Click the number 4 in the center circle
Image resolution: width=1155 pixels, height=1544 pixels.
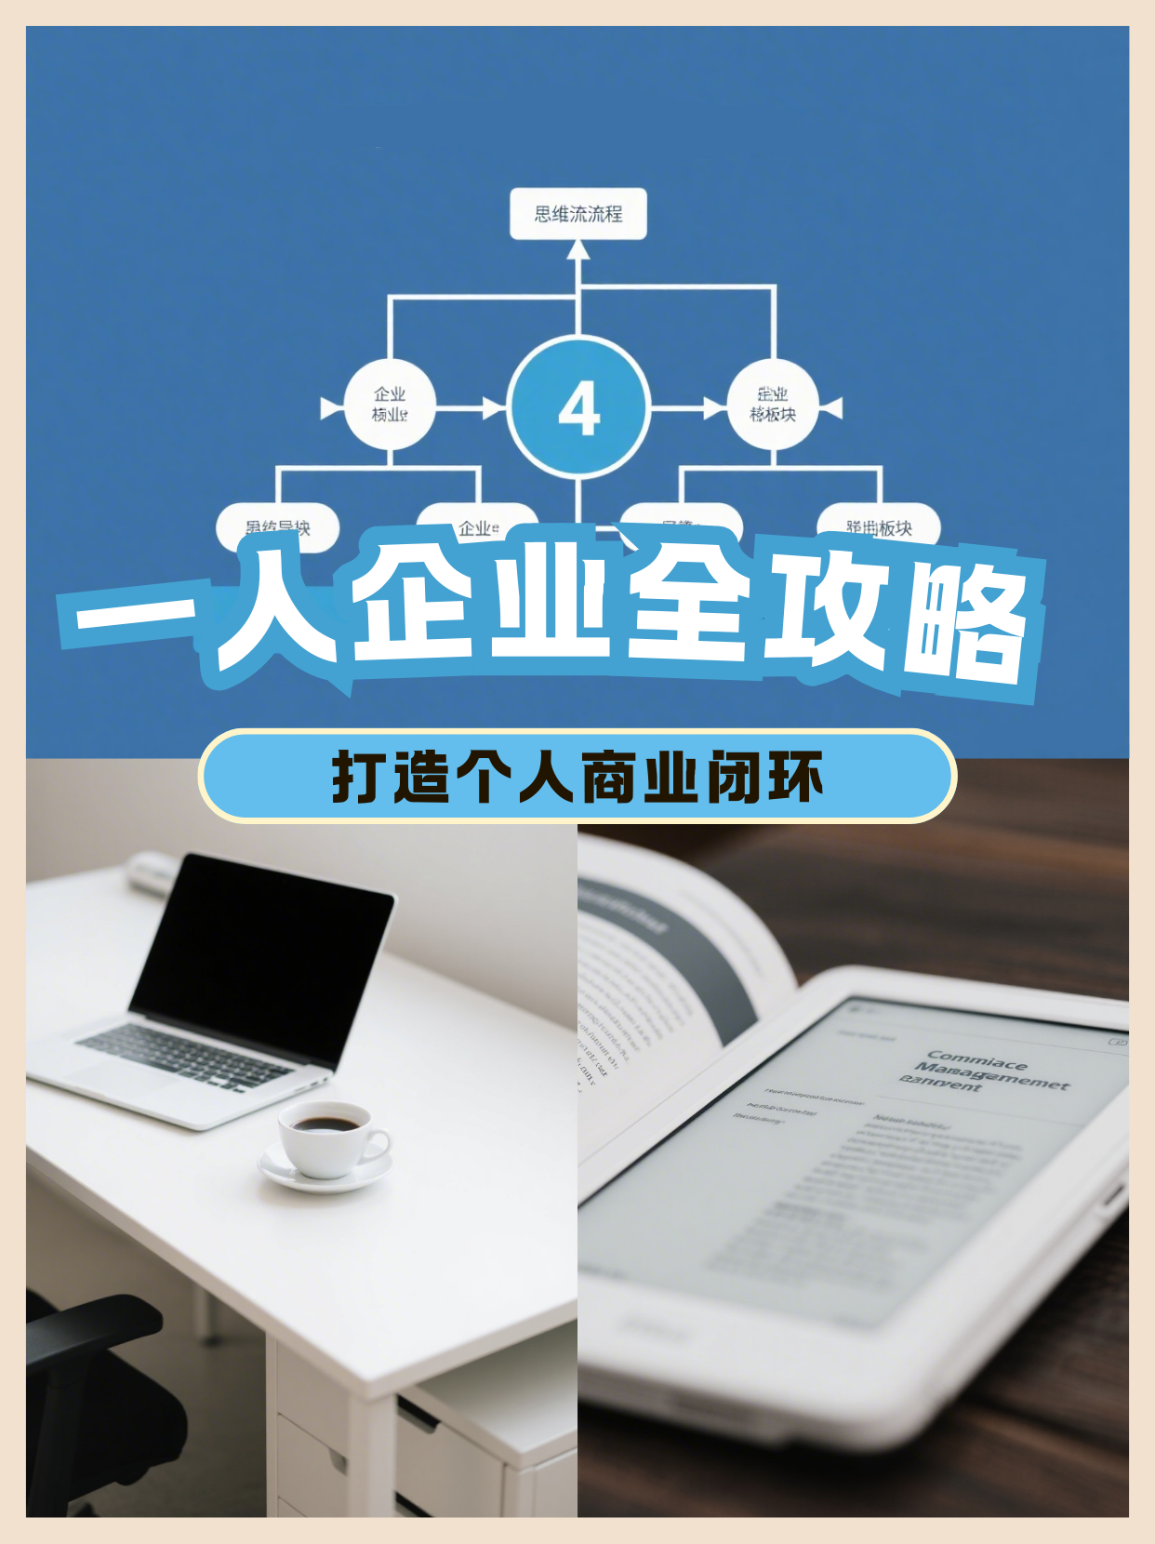click(x=578, y=408)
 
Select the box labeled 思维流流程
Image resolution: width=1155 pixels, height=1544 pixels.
click(x=577, y=214)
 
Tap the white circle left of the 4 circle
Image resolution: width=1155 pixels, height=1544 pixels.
click(x=390, y=405)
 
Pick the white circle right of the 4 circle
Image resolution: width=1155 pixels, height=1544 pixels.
click(x=772, y=405)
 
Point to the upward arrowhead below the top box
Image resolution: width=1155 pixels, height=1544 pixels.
click(x=578, y=249)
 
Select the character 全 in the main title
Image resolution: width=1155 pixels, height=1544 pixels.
click(x=688, y=605)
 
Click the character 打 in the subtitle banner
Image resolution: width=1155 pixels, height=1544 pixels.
click(x=358, y=776)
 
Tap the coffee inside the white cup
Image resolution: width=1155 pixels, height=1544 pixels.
click(x=325, y=1125)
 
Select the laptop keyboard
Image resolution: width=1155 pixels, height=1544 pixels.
click(x=186, y=1056)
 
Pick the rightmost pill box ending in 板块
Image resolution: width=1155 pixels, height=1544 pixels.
click(x=879, y=527)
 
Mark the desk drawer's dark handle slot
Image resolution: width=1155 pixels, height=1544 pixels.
click(x=417, y=1415)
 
